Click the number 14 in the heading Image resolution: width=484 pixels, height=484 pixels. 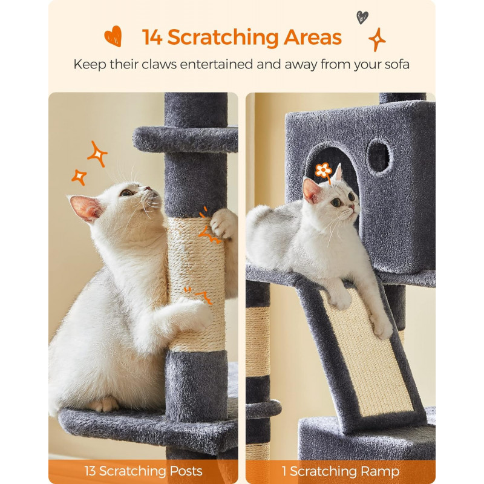pos(152,38)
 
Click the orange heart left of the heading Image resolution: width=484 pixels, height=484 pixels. pos(113,36)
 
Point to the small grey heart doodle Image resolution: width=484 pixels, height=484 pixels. pos(362,18)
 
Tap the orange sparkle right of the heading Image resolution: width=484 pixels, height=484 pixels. pos(377,39)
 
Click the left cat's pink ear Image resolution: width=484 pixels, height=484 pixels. pos(85,208)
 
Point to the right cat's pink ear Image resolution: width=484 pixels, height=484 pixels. pos(312,190)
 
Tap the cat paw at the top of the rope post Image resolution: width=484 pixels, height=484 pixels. pos(223,223)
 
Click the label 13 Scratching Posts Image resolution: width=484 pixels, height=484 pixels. pos(143,471)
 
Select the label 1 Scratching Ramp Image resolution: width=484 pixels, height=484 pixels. pos(341,471)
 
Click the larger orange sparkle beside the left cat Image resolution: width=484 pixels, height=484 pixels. pos(97,154)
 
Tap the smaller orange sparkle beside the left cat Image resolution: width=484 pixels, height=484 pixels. pos(79,177)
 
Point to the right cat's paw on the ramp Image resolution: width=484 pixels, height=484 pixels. pos(382,327)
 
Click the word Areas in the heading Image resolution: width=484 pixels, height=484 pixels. pos(313,38)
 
